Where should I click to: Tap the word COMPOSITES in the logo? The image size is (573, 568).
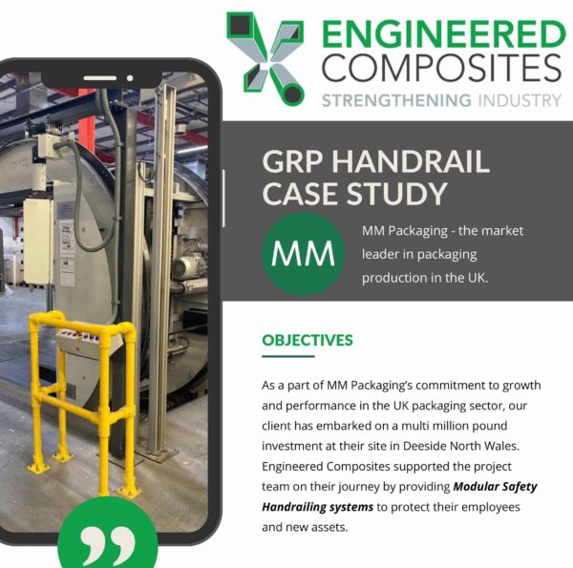point(442,69)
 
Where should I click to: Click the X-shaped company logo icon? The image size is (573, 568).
point(265,56)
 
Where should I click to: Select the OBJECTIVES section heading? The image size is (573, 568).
point(308,340)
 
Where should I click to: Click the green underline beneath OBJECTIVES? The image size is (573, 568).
point(287,357)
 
